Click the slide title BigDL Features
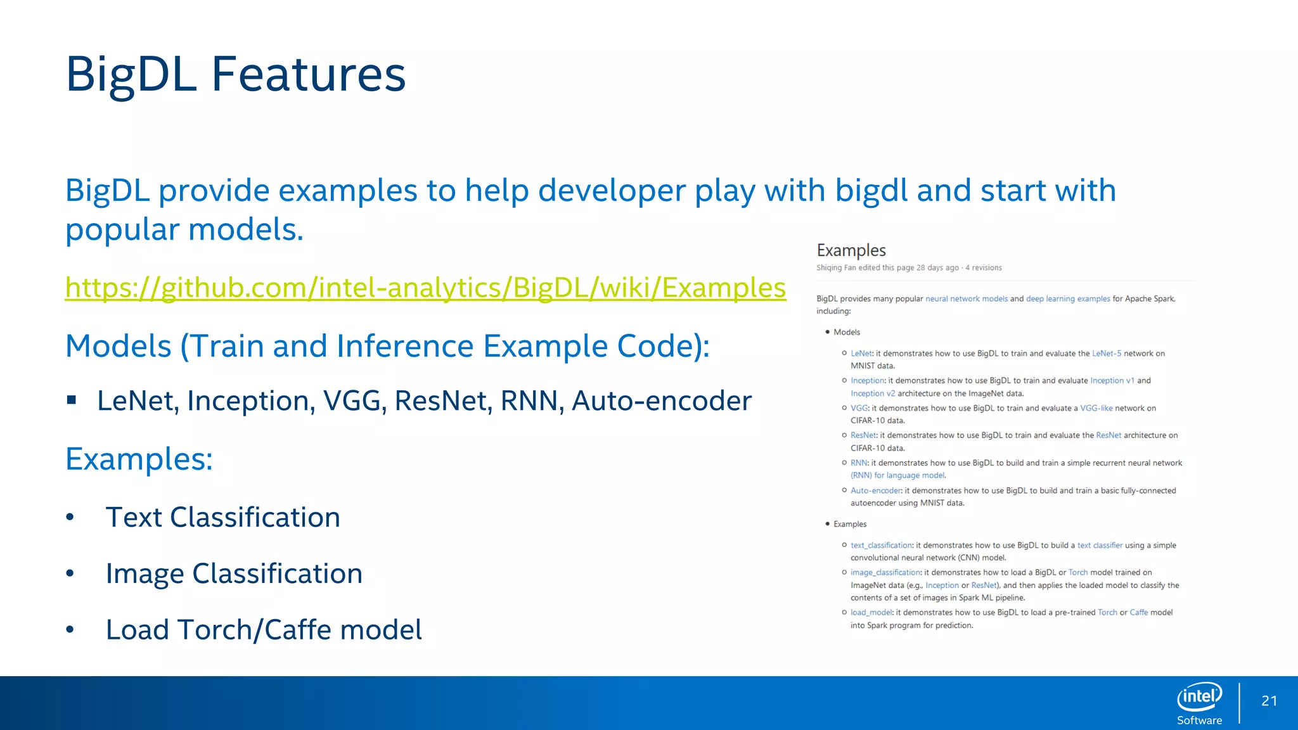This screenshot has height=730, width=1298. (235, 74)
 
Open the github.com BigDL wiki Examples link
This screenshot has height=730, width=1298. (425, 288)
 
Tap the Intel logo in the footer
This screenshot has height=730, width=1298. (1199, 697)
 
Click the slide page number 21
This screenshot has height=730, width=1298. (1269, 701)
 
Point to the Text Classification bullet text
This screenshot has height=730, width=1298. (222, 517)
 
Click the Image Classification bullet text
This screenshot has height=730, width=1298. (234, 573)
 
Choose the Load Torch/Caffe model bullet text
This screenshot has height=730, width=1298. (264, 630)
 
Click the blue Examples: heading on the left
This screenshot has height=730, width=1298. (139, 459)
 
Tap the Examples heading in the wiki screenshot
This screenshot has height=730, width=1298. (851, 250)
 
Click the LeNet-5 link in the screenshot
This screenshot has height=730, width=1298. (1107, 354)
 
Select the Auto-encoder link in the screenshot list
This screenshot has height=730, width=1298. (875, 490)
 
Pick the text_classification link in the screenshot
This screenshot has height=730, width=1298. (881, 545)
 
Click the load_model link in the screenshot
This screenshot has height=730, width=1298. (871, 612)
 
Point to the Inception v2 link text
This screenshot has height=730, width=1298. (873, 394)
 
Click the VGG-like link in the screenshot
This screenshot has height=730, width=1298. (1096, 408)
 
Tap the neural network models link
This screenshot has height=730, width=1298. (966, 298)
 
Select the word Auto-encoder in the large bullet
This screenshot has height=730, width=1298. (662, 401)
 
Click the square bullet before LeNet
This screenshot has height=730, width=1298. (72, 400)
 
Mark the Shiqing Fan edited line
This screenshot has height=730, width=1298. (908, 267)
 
